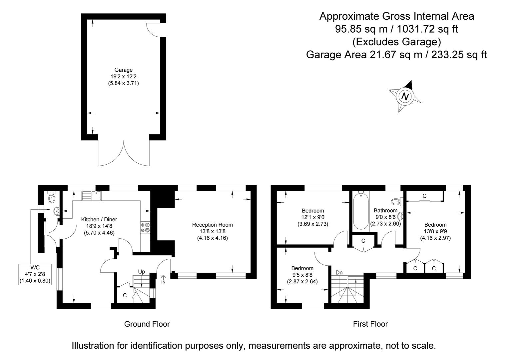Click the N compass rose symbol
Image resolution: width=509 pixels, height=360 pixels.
click(405, 96)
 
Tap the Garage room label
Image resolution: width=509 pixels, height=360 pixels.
click(124, 70)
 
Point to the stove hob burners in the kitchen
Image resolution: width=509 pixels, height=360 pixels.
click(146, 227)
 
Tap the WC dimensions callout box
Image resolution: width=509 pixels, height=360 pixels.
click(35, 274)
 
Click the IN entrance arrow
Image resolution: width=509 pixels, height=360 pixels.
click(163, 279)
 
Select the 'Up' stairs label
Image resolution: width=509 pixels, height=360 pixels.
click(142, 272)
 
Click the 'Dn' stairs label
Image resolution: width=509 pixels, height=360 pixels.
click(339, 273)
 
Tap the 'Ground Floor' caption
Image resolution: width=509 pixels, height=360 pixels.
click(147, 324)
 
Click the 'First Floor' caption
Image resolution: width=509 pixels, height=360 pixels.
click(370, 324)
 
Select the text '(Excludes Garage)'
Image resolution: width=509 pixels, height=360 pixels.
click(396, 42)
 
